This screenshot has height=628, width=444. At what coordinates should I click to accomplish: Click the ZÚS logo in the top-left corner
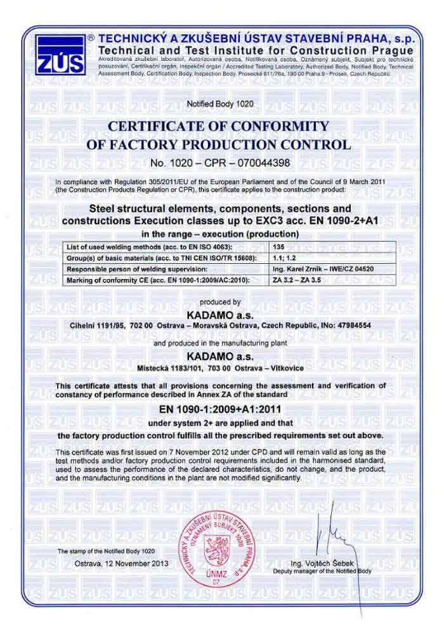[60, 55]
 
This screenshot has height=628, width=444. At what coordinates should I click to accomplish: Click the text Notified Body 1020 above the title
[220, 102]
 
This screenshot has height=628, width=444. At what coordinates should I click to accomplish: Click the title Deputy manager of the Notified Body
[322, 571]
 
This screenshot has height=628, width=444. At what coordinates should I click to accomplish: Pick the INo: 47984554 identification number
[349, 325]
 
